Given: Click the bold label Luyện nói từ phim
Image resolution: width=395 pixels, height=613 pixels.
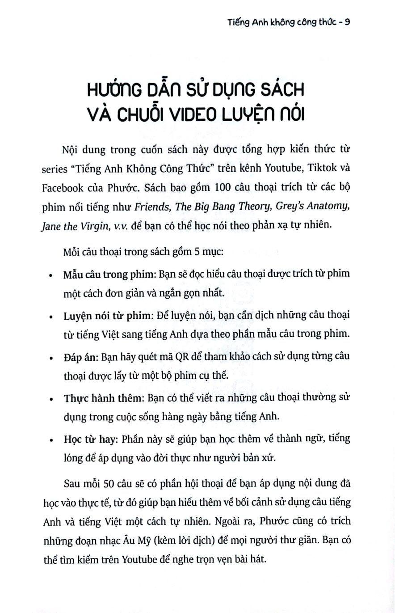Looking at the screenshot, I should point(108,315).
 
